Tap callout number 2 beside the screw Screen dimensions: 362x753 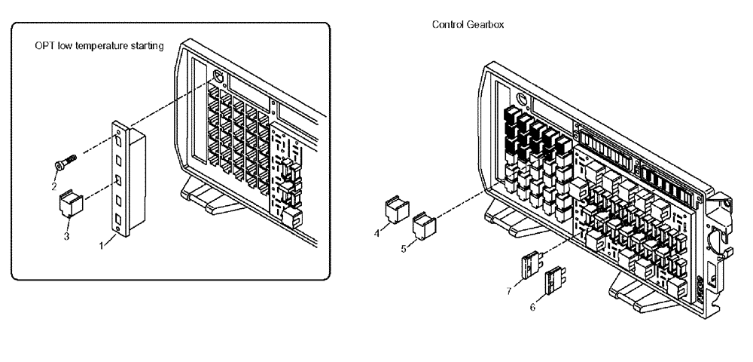[x=53, y=186]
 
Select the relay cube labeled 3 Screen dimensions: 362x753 [x=69, y=204]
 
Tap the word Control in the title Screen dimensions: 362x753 [x=447, y=25]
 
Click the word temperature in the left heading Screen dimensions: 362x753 [x=102, y=46]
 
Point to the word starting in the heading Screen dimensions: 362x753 [x=145, y=46]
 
